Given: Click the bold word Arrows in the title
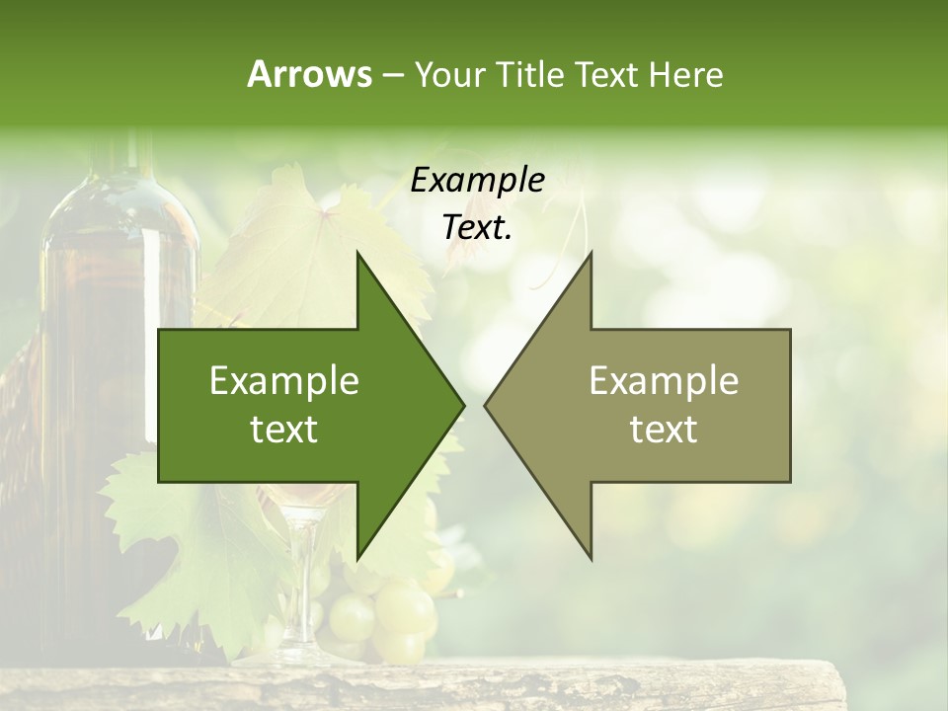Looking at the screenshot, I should click(x=309, y=74).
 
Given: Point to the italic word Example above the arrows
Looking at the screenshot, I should click(x=478, y=180).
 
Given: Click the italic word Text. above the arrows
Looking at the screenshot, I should click(x=478, y=227).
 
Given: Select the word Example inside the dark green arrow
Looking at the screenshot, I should click(x=284, y=381).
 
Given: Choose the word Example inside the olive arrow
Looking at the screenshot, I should click(x=664, y=381).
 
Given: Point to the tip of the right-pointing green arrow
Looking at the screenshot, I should click(x=463, y=405).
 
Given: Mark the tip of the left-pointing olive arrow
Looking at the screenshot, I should click(x=486, y=405).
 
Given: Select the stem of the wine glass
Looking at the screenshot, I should click(x=299, y=583).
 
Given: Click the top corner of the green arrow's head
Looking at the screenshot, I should click(x=358, y=254).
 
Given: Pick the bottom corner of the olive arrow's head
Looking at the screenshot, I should click(x=591, y=558).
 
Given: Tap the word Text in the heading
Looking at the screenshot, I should click(x=606, y=74).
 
